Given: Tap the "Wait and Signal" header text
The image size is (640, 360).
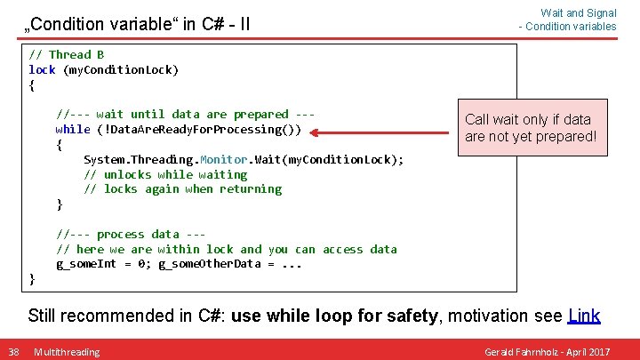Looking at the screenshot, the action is [578, 13].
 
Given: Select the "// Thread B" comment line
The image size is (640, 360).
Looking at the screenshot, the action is [66, 54].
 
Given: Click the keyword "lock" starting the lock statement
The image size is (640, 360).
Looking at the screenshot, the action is [42, 69].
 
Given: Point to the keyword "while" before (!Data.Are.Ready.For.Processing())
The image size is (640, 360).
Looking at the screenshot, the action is [73, 129].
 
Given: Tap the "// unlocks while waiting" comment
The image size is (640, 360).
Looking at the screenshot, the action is [165, 174].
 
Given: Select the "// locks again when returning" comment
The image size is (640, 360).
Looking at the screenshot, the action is [182, 188].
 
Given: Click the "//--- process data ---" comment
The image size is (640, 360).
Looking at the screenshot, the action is [131, 234].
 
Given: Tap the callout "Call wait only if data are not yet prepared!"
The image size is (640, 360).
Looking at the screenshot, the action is [530, 128].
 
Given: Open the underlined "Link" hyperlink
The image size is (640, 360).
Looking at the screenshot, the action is [583, 316].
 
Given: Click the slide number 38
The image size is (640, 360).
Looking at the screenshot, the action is [13, 352].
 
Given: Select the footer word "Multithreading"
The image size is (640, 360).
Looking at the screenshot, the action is [67, 352].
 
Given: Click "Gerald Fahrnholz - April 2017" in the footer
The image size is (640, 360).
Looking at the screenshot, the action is [547, 352].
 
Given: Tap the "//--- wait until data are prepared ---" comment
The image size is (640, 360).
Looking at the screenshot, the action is [185, 114].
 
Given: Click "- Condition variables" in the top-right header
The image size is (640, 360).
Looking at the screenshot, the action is [567, 27].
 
